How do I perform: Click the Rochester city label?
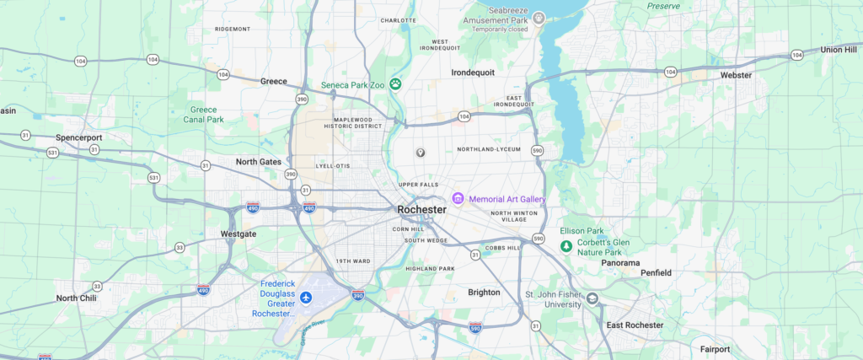[x=421, y=209]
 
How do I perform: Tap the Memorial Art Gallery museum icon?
[x=458, y=198]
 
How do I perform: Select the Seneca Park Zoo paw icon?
[x=394, y=83]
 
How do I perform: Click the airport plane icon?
[x=305, y=299]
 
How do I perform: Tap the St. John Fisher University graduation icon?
[x=593, y=298]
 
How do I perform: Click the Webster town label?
[x=736, y=75]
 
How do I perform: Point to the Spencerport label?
[x=78, y=137]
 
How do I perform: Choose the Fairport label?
[x=716, y=348]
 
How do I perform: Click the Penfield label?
[x=656, y=273]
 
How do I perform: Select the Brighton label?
[x=484, y=292]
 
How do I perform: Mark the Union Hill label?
[x=838, y=50]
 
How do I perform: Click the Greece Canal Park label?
[x=203, y=114]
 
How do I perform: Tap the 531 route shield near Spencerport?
[x=52, y=152]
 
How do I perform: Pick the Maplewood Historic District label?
[x=358, y=123]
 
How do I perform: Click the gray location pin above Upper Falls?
[x=421, y=152]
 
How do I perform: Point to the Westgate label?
[x=237, y=234]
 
